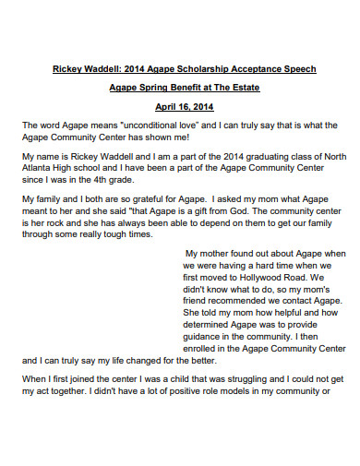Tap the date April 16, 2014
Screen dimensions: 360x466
(180, 106)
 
